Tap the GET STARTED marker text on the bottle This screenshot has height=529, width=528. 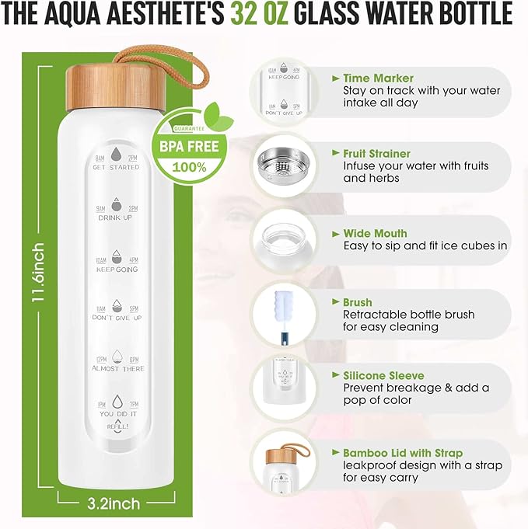(116, 168)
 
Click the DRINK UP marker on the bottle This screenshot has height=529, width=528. (116, 218)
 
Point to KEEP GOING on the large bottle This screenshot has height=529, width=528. (116, 270)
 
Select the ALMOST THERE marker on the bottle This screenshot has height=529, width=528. (116, 369)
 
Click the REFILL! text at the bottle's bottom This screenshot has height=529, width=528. (117, 426)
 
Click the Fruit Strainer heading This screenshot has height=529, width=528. (376, 154)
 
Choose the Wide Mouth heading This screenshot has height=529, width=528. (375, 233)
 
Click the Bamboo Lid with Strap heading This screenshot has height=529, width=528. (402, 453)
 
